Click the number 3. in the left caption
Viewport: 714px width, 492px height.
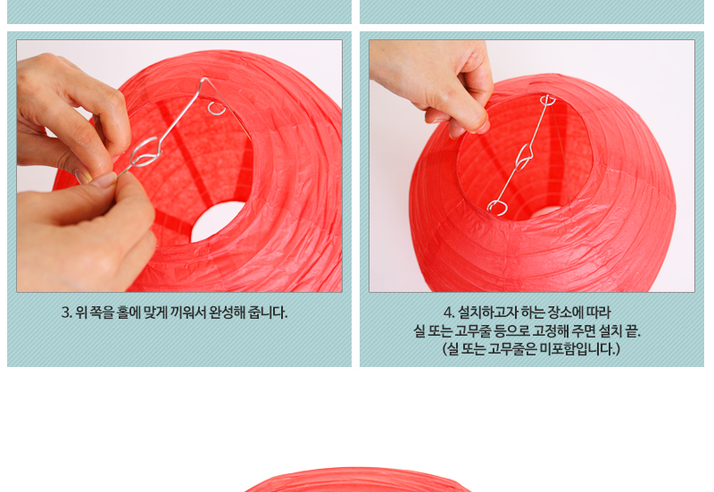[67, 313]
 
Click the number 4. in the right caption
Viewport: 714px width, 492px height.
[449, 313]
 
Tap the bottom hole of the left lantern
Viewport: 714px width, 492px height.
[217, 221]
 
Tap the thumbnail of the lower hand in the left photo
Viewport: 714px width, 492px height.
[104, 180]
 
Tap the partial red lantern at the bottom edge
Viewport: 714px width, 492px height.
[358, 479]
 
